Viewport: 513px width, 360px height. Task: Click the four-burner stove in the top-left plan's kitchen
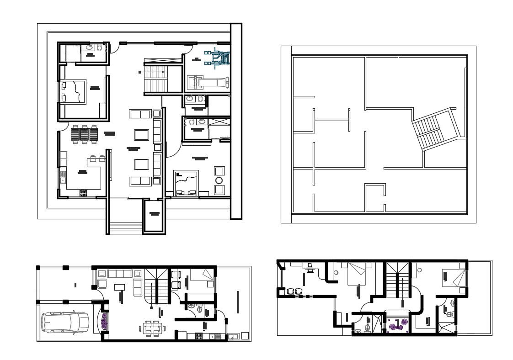click(x=83, y=193)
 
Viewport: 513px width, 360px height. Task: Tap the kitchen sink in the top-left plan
click(x=63, y=180)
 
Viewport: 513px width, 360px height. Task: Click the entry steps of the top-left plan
click(x=125, y=227)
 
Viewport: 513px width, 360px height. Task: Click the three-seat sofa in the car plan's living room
click(x=120, y=274)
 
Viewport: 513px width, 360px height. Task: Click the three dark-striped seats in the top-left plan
click(x=85, y=134)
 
